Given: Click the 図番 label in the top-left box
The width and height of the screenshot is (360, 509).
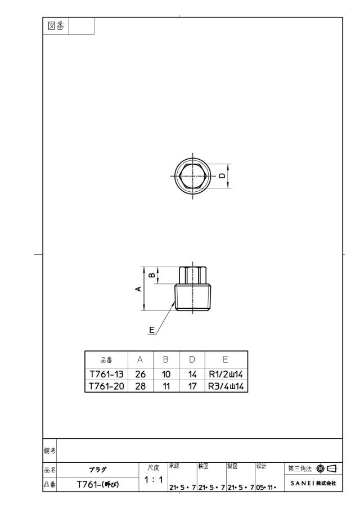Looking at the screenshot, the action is (56, 26).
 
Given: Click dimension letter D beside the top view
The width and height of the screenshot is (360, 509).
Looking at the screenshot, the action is (222, 175).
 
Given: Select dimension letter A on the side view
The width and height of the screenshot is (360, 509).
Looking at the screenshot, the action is (138, 289).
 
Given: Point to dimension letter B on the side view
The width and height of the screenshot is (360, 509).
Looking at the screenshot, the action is (152, 275).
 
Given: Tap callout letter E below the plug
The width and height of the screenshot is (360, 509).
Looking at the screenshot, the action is (152, 330).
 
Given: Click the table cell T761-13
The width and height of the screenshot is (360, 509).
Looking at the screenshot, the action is (106, 374).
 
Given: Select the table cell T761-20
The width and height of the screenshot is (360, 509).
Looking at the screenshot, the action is (106, 386).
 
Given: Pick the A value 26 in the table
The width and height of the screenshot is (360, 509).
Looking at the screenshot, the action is (140, 374).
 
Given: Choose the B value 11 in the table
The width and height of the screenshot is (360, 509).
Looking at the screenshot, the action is (166, 386).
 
